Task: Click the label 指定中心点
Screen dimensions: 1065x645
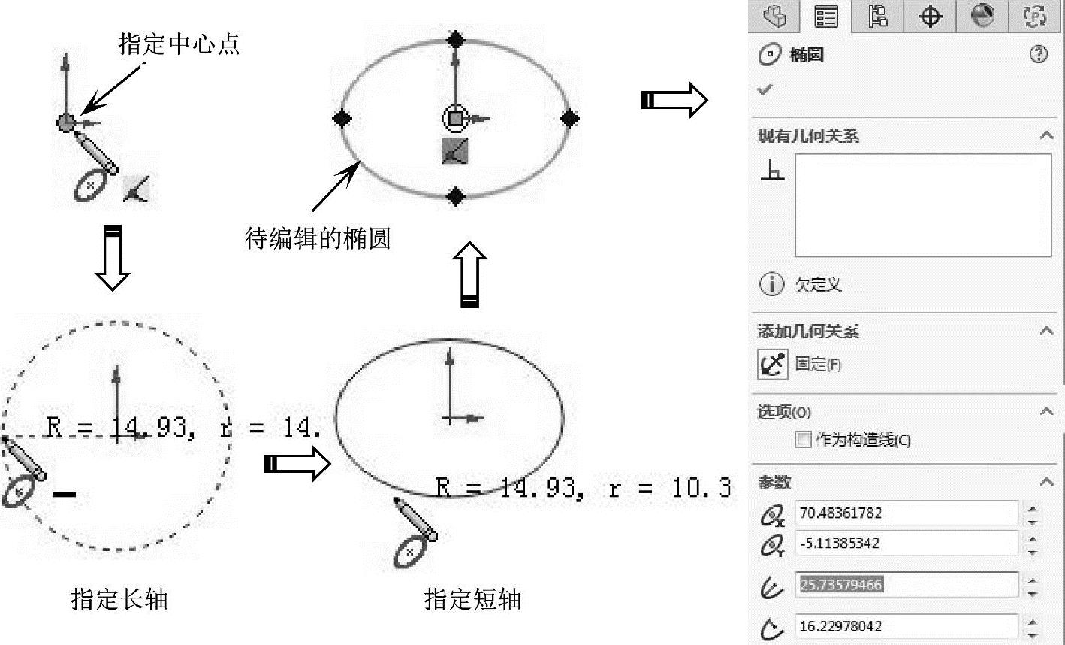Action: pos(179,44)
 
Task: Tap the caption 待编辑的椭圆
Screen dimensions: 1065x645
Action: pos(318,239)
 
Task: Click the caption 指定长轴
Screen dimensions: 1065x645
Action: pos(119,599)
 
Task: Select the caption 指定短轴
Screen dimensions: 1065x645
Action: pos(472,599)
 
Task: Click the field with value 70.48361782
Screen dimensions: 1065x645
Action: pos(906,513)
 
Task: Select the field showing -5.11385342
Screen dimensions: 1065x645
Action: pos(906,543)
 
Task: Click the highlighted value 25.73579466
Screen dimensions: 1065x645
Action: pos(841,584)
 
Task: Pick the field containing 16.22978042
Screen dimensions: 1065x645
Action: pos(906,626)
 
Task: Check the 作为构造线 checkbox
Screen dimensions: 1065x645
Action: pos(803,439)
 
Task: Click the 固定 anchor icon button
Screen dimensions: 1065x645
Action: pos(772,365)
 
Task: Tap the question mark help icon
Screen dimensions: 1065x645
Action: pos(1039,54)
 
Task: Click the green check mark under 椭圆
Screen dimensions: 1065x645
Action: pos(765,89)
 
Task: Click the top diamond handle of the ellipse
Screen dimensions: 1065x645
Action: pos(455,39)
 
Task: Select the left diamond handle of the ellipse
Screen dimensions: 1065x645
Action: pos(342,117)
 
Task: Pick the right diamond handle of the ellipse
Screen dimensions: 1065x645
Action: pos(569,117)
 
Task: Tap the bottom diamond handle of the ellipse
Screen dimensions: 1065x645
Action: pos(455,197)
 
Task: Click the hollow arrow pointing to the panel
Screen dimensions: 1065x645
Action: pos(674,99)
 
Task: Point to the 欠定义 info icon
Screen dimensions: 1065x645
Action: pos(771,284)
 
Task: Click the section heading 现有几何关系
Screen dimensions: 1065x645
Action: pos(808,136)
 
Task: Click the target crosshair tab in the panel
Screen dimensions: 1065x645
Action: pos(930,17)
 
